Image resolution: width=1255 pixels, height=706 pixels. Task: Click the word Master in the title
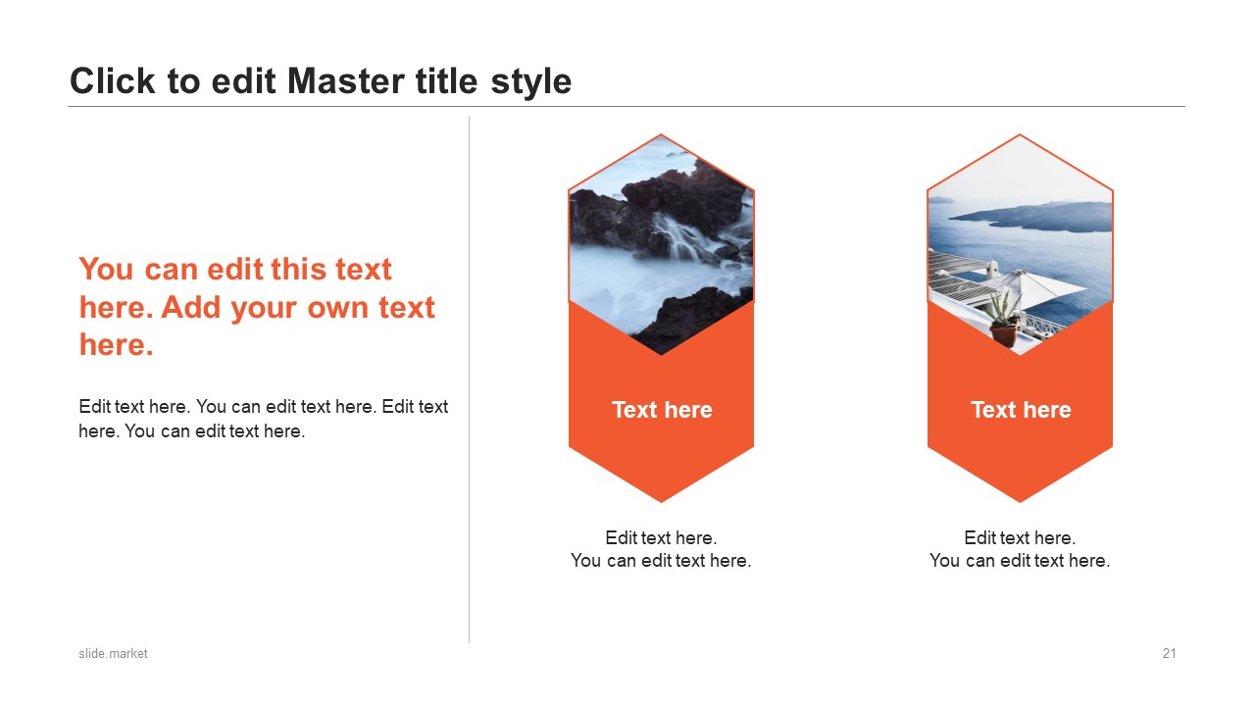(x=346, y=81)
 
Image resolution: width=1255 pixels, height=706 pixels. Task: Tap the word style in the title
(x=531, y=83)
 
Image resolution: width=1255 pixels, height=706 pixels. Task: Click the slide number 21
(x=1170, y=653)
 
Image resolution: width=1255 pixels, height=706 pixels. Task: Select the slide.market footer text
(x=113, y=653)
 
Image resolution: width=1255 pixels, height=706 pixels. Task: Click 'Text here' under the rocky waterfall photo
(x=662, y=410)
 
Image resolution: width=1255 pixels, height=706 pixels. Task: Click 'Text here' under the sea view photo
(x=1021, y=410)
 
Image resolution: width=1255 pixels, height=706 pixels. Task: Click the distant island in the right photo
(x=1036, y=216)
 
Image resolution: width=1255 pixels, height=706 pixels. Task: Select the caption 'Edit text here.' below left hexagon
(x=661, y=538)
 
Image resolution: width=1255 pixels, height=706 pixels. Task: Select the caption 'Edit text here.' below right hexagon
(x=1020, y=538)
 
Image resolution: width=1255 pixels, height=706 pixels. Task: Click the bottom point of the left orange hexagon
(x=661, y=502)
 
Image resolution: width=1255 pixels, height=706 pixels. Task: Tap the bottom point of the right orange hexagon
(x=1020, y=502)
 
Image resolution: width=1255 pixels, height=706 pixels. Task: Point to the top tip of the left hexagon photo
(x=661, y=134)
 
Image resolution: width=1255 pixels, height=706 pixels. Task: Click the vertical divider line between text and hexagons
(x=469, y=379)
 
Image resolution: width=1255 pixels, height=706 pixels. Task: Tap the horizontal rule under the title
(x=627, y=106)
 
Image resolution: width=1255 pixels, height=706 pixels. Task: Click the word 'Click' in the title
(x=112, y=81)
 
